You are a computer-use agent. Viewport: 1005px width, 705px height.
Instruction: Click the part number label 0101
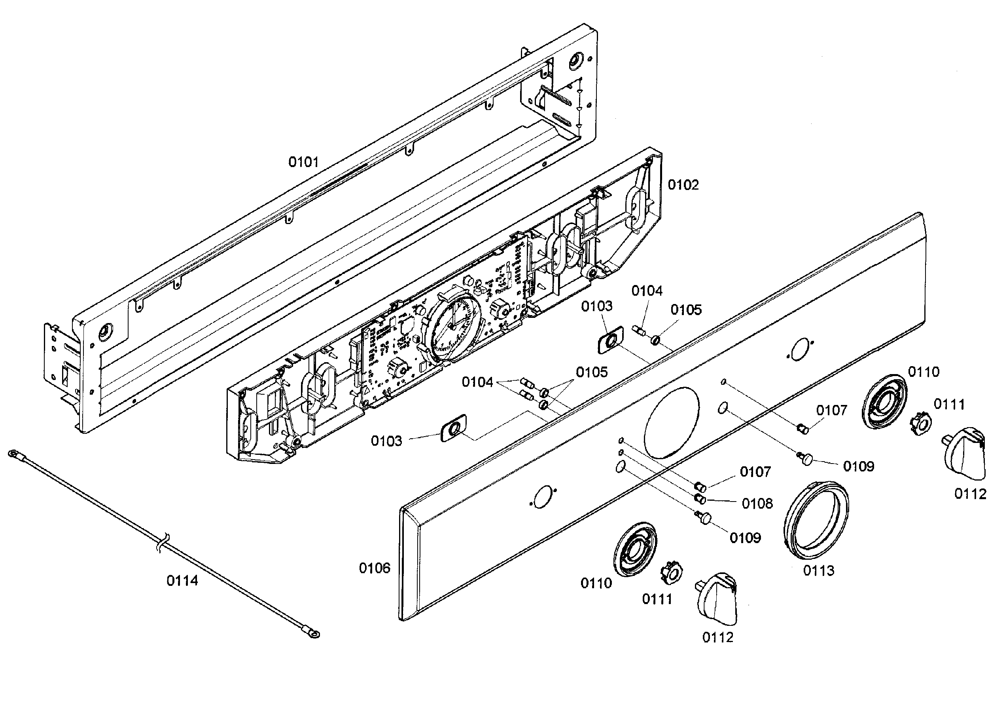coord(303,163)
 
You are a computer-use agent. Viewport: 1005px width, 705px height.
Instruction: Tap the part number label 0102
coord(683,185)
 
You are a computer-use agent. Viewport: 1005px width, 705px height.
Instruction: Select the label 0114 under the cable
coord(182,581)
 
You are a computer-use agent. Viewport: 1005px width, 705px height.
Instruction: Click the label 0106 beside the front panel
coord(374,568)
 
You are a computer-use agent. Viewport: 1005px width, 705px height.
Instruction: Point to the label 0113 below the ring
coord(819,570)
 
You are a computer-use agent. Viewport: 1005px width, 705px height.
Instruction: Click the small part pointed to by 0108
coord(700,499)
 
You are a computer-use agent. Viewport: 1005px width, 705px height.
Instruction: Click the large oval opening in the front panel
coord(672,422)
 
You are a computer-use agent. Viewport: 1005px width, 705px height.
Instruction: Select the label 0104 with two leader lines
coord(477,382)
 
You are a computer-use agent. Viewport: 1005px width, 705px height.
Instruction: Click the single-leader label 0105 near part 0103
coord(686,310)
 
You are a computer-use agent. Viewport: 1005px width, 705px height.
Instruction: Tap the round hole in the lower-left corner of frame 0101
coord(106,331)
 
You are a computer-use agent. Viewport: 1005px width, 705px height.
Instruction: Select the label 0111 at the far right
coord(949,405)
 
